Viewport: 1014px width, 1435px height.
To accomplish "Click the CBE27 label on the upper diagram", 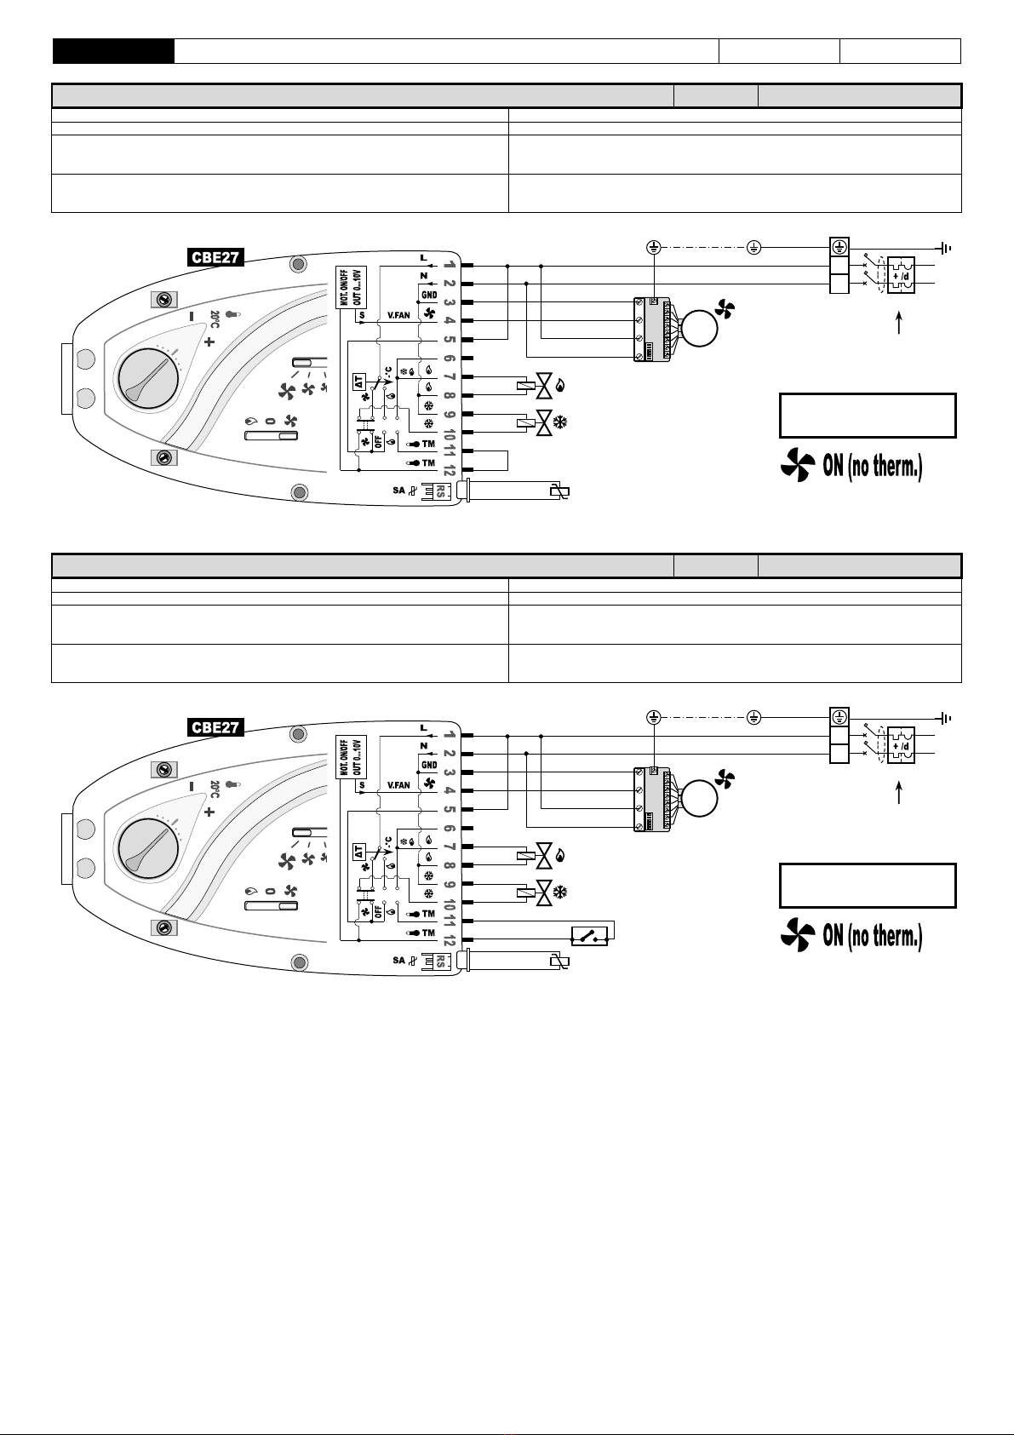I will click(215, 257).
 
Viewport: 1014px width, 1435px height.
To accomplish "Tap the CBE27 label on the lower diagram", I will click(215, 727).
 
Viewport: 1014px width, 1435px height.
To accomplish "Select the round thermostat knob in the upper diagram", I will click(147, 380).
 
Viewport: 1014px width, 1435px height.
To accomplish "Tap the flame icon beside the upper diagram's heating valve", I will click(559, 385).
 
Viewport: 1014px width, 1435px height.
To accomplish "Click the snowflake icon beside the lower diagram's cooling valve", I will click(560, 892).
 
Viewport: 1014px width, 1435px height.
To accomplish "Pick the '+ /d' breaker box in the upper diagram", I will click(901, 275).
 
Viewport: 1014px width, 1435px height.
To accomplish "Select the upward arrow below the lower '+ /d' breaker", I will click(899, 794).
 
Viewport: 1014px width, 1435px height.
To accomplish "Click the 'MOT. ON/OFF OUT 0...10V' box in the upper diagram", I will click(352, 287).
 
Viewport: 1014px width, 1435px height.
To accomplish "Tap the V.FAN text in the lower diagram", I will click(399, 784).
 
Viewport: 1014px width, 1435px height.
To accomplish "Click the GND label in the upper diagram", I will click(429, 296).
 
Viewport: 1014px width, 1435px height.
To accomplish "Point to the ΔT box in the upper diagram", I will click(359, 382).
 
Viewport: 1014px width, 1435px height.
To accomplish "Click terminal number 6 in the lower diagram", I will click(449, 829).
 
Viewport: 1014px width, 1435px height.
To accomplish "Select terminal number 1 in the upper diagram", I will click(449, 265).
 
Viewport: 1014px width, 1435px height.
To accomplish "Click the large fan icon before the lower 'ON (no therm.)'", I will click(798, 934).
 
